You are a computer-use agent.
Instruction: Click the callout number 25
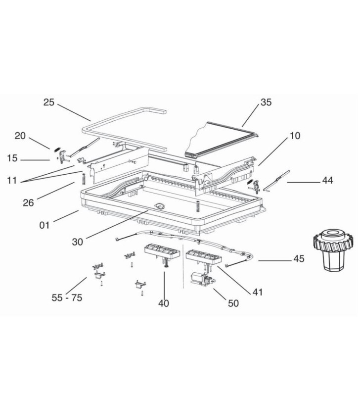(48, 102)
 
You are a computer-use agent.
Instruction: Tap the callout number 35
(266, 102)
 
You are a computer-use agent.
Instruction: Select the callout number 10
(294, 136)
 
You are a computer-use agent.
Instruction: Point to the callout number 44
(327, 181)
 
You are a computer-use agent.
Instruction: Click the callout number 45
(299, 259)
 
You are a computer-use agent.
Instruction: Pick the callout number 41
(258, 292)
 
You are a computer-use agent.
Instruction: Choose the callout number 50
(232, 303)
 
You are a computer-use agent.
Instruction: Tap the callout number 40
(163, 303)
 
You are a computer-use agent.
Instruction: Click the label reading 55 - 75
(67, 297)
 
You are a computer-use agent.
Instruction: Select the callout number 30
(77, 242)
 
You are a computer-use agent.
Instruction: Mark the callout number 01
(45, 225)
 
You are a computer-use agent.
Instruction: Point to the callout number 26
(29, 202)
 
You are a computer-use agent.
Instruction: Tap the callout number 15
(12, 158)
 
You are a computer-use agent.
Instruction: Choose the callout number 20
(20, 136)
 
